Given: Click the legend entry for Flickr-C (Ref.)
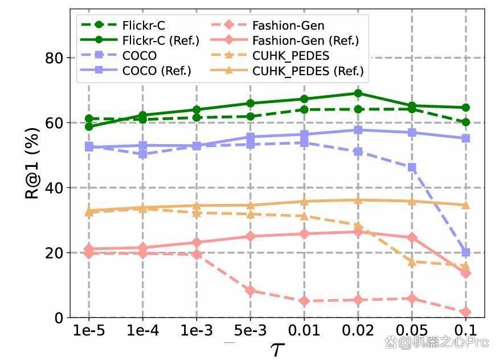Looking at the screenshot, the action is point(140,40).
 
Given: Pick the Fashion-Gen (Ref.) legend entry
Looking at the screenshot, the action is point(285,40).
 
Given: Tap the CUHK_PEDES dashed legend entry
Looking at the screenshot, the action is point(270,55).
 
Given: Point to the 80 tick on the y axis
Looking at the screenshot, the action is point(54,58).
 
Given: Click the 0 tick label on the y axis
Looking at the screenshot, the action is point(59,318).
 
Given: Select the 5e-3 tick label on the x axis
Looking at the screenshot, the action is point(251,331).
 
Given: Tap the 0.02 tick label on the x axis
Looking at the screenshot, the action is point(358,331).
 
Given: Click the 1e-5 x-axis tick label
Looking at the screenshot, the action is point(89,331).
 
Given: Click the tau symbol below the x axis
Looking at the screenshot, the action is point(277,350).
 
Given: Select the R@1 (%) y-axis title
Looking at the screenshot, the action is point(32,163).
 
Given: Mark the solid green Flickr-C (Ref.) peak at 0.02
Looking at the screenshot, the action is point(358,93).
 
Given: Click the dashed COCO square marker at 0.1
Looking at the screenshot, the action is point(466,252).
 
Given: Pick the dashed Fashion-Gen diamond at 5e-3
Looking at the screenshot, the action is point(251,291).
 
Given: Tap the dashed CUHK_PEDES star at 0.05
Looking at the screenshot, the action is point(412,262).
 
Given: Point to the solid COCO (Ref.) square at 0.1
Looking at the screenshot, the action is point(466,138).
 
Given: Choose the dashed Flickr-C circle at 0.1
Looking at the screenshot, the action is point(466,122).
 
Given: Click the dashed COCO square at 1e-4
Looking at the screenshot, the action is point(142,154).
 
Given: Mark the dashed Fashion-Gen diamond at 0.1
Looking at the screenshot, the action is point(466,312).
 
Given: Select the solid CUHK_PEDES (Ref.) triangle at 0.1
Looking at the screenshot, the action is point(466,205).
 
